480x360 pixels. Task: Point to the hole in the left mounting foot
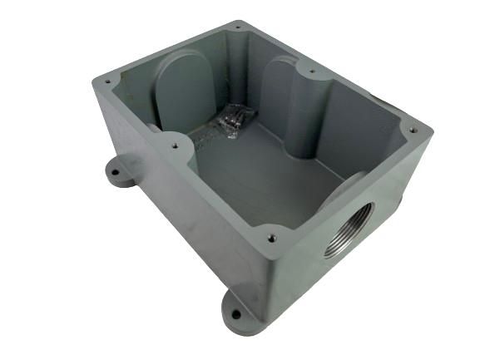[x=116, y=174]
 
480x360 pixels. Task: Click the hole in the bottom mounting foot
[x=236, y=315]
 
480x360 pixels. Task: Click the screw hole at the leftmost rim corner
[x=106, y=81]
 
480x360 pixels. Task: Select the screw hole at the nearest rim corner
[x=271, y=238]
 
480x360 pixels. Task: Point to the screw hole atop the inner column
[x=312, y=72]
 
